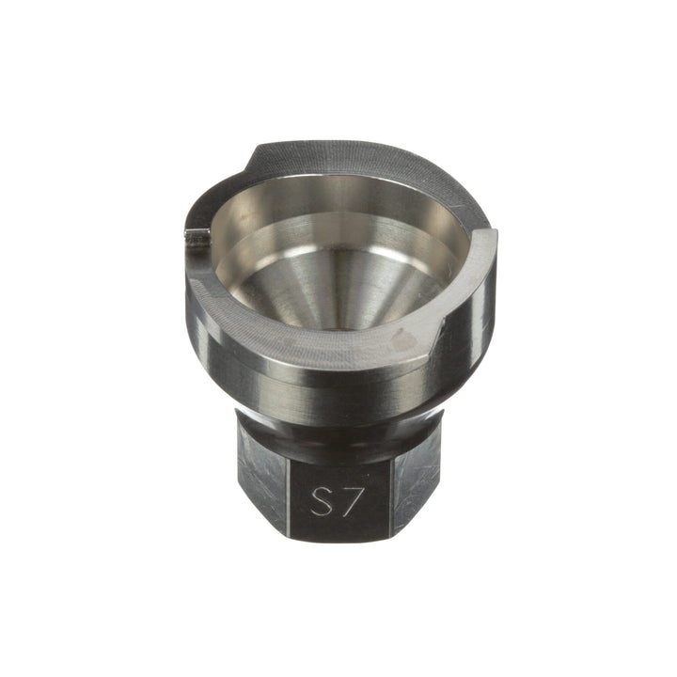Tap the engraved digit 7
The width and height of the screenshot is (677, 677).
350,500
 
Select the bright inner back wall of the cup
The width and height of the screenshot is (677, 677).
338,202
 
